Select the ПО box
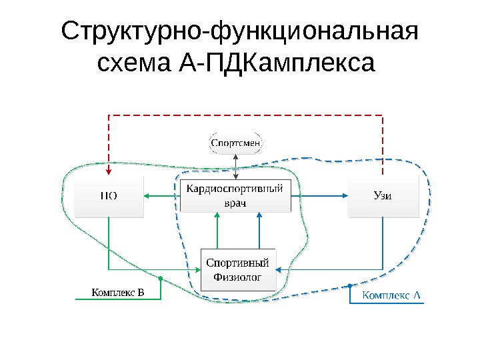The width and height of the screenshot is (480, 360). pos(109,197)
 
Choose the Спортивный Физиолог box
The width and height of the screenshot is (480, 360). pos(238,269)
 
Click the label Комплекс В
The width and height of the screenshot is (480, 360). pos(117,292)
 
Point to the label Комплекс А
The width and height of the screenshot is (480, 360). pos(392,295)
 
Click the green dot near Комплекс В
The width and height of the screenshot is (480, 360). pos(161,278)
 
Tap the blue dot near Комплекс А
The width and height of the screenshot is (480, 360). pos(351,287)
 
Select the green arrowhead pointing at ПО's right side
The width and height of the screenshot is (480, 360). pos(147,196)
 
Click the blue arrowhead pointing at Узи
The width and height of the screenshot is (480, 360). pos(344,196)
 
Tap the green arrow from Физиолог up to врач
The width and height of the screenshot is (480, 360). pos(215,230)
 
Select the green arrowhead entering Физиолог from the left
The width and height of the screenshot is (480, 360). pos(197,269)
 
